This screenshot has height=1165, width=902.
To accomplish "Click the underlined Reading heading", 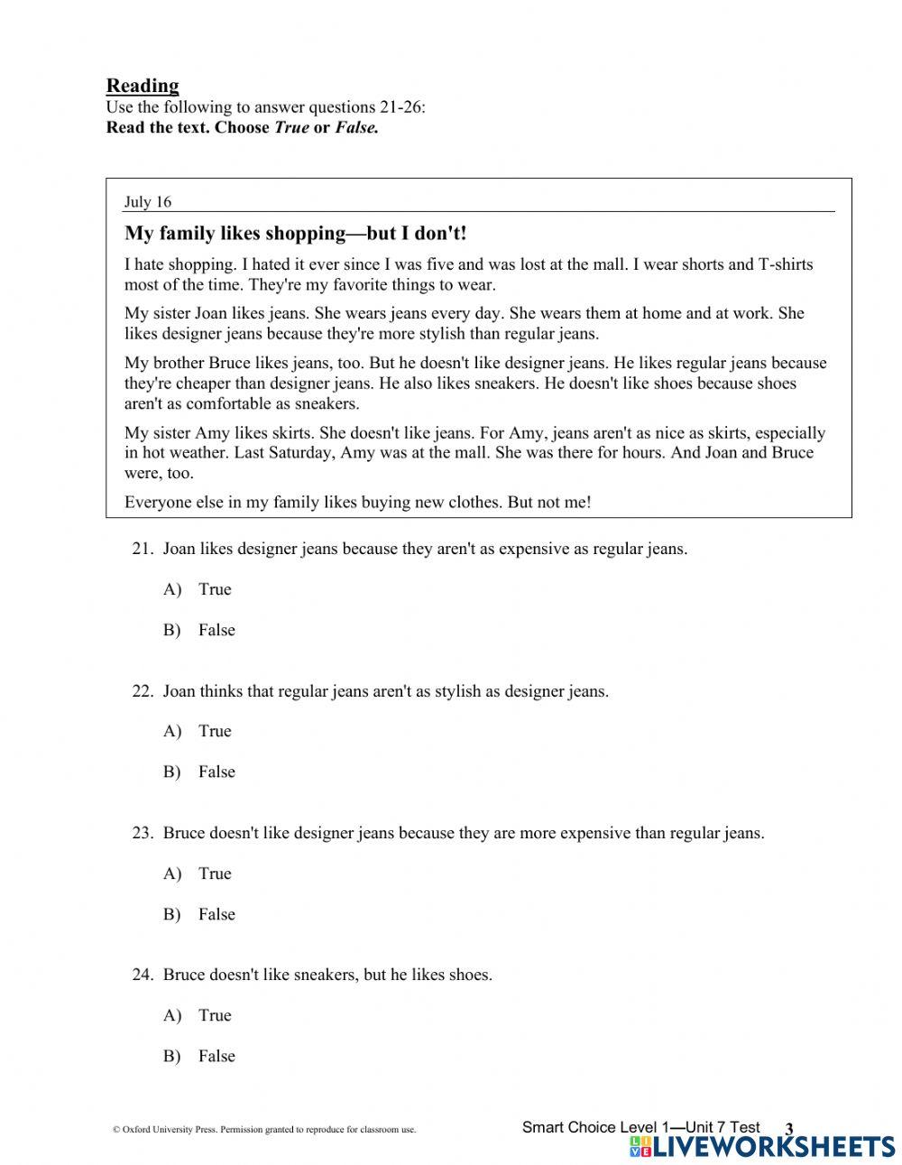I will click(143, 86).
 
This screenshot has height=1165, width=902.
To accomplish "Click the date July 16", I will click(148, 201).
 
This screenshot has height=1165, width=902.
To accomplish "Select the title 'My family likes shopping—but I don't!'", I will click(296, 234).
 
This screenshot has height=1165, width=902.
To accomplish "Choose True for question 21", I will click(215, 589).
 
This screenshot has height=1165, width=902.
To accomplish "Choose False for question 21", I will click(216, 630).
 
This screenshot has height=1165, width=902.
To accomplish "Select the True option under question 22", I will click(215, 731).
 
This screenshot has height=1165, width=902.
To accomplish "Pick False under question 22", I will click(216, 772).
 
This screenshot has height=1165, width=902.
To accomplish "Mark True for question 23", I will click(215, 874).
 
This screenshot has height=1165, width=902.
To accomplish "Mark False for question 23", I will click(216, 914).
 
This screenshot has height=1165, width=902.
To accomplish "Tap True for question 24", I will click(215, 1015).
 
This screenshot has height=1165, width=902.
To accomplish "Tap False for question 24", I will click(216, 1056).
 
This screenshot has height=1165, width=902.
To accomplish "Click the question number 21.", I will click(143, 549).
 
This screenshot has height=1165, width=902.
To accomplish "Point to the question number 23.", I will click(143, 833).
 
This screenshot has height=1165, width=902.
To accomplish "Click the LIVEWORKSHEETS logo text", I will click(772, 1146).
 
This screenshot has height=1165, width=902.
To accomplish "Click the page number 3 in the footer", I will click(788, 1129).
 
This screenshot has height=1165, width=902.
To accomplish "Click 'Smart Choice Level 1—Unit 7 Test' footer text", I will click(640, 1127).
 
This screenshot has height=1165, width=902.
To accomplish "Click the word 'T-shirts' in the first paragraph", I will click(784, 264).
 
